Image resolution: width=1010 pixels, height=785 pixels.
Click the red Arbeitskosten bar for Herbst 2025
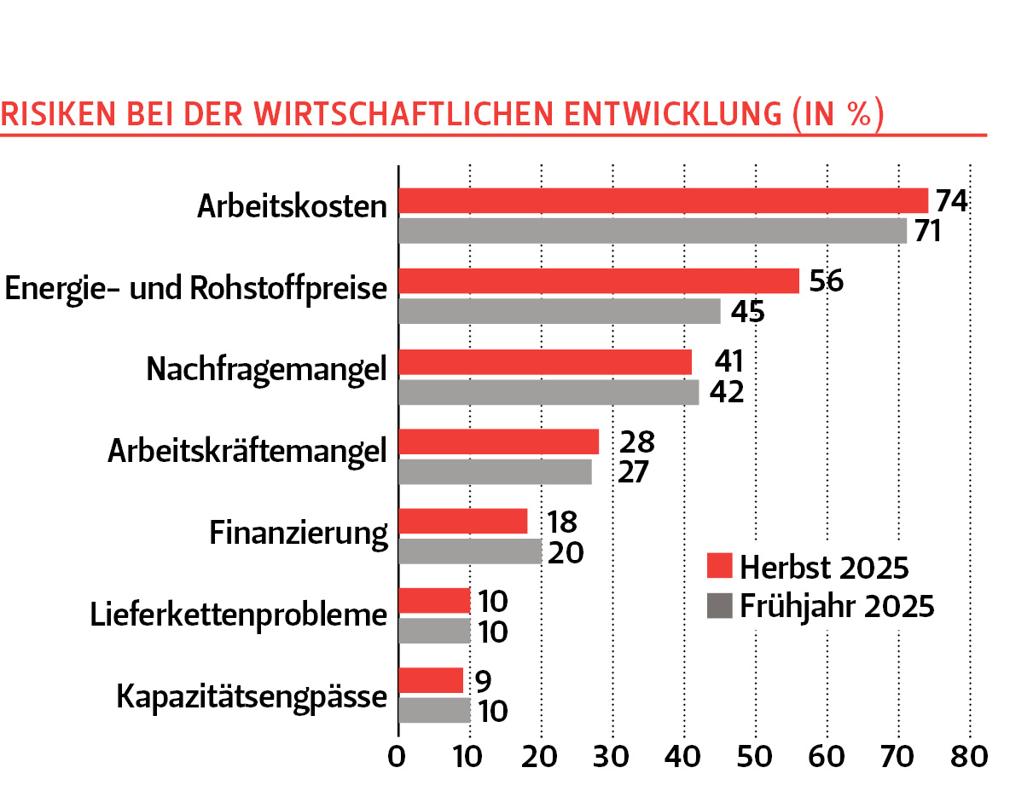(663, 200)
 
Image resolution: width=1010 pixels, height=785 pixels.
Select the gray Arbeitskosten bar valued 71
(653, 231)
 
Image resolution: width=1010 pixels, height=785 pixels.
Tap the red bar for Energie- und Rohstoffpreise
(599, 280)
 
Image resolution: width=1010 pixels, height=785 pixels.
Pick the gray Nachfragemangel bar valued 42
(549, 392)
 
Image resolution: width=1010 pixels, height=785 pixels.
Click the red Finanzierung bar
(463, 521)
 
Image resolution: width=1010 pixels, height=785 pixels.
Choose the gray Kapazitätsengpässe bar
(434, 710)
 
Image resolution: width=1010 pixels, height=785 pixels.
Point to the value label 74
(950, 200)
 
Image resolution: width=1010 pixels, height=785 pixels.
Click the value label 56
(826, 280)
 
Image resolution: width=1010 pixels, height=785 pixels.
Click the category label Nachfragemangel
(267, 370)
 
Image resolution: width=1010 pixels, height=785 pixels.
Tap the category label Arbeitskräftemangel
(247, 450)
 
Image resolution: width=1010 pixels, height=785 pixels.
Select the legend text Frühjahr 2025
(838, 607)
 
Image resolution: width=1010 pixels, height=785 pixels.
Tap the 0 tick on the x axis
(398, 756)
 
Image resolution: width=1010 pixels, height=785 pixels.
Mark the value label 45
(746, 311)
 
